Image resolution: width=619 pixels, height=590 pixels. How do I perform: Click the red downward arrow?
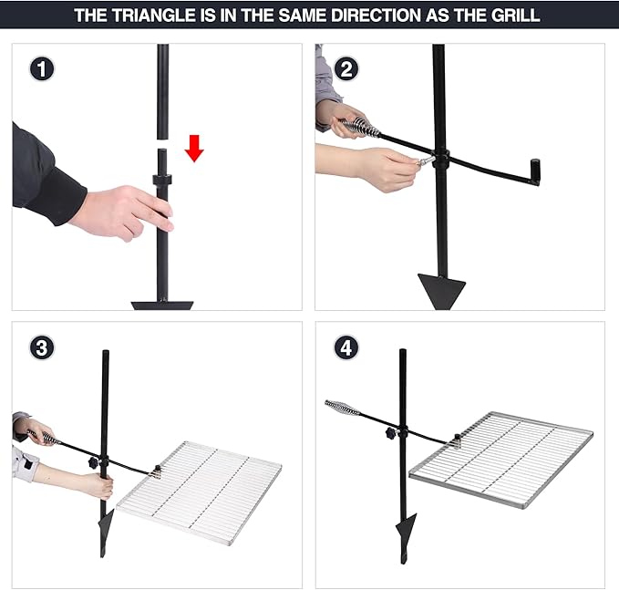click(194, 148)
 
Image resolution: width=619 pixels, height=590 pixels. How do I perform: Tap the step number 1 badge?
click(42, 69)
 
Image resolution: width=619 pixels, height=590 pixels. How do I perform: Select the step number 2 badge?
click(346, 69)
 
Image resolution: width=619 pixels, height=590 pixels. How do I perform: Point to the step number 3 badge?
click(42, 347)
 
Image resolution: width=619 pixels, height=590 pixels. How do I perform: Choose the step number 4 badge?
click(346, 347)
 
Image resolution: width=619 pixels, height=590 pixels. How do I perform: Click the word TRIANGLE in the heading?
click(153, 16)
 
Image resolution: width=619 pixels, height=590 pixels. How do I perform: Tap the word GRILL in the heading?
click(515, 16)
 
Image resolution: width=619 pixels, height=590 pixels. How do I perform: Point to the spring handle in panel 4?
click(342, 407)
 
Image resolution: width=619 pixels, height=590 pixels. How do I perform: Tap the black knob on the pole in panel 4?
click(391, 433)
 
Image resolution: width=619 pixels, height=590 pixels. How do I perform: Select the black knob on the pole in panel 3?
click(94, 463)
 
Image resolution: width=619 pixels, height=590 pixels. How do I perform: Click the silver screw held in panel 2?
click(425, 161)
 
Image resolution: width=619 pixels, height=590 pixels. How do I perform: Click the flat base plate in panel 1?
click(162, 305)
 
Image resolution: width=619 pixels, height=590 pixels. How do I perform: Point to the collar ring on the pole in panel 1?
click(162, 180)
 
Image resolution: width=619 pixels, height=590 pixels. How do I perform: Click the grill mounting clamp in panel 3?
click(157, 471)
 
